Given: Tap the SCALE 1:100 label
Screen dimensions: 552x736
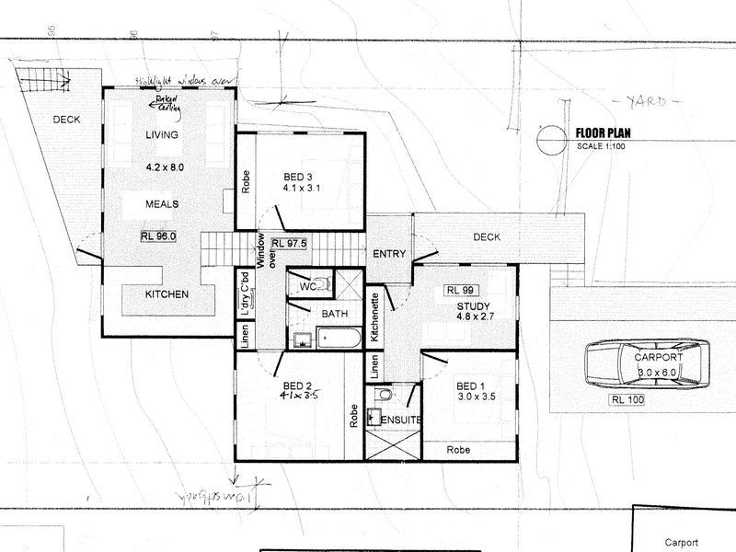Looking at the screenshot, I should coord(601,146).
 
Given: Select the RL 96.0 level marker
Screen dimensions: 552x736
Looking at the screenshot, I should coord(158,236).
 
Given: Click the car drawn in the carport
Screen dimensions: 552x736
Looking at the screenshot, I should coord(648,364).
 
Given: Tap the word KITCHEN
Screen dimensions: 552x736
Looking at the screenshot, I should coord(167,294).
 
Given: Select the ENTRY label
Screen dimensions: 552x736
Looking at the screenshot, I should coord(388,254).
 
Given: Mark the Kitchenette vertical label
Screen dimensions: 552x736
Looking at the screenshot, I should coord(375,317).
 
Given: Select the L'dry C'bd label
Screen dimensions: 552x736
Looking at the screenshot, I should coord(246,293).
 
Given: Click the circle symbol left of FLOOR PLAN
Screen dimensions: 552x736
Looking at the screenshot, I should coord(549,139).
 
